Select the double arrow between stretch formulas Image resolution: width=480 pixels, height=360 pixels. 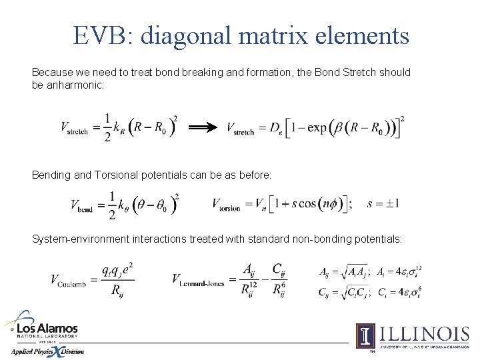point(203,127)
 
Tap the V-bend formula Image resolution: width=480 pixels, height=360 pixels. point(124,204)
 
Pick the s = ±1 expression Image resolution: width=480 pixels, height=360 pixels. point(383,203)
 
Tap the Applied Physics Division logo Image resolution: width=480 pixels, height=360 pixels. point(47,351)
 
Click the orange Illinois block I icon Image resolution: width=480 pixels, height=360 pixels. point(365,335)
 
